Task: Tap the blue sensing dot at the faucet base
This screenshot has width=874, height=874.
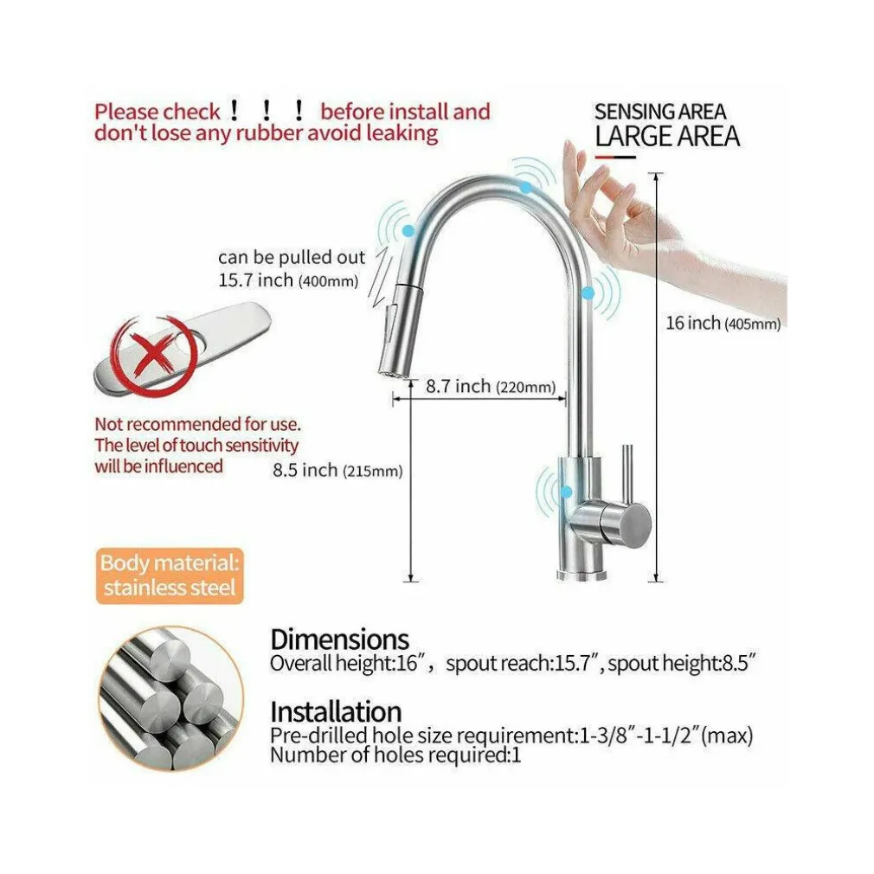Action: (x=566, y=492)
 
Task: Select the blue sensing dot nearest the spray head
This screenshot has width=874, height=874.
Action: (x=408, y=230)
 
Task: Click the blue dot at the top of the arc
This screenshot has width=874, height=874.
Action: (x=525, y=187)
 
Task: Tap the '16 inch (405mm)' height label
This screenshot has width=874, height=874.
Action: (x=723, y=323)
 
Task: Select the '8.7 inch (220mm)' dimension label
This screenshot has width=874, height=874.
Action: (x=491, y=386)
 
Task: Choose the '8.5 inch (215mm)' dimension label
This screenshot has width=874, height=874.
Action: (x=337, y=471)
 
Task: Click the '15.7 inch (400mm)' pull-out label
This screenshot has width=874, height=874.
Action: (x=287, y=280)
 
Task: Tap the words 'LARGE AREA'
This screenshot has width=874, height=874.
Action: (x=667, y=137)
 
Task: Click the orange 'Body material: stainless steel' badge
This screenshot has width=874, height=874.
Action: (x=170, y=575)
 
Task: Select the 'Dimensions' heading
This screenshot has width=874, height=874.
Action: (x=339, y=639)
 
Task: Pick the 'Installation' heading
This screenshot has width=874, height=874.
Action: (x=336, y=712)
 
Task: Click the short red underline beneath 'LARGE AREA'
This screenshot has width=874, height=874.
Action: (x=615, y=157)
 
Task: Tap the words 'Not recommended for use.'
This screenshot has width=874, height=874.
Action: (x=197, y=424)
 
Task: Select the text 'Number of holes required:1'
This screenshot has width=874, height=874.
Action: (x=395, y=755)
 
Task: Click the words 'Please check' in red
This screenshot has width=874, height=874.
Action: (x=157, y=112)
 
